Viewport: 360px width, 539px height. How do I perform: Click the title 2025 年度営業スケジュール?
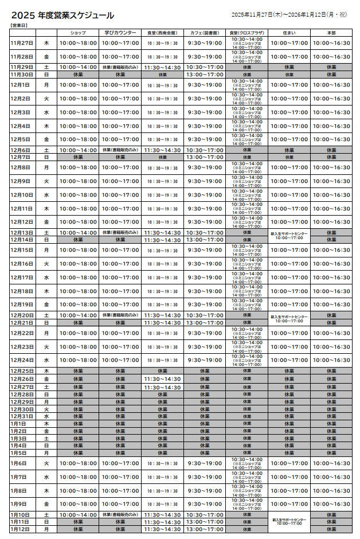coord(62,16)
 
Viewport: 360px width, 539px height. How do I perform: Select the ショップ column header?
coord(78,33)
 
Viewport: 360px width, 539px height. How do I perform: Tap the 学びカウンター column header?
coord(120,33)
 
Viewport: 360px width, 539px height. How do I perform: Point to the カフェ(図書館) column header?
coord(205,33)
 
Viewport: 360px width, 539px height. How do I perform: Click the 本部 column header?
coord(331,33)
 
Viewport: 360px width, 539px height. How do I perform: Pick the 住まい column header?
coord(289,33)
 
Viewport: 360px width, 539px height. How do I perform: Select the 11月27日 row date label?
coord(22,43)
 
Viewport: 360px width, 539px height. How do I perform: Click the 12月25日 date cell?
coord(22,371)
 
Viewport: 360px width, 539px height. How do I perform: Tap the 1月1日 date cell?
coord(19,424)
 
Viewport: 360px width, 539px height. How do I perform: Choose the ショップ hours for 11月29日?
coord(78,67)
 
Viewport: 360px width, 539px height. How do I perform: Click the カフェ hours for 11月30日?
coord(205,75)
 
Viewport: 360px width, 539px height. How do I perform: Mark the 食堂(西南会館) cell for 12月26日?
coord(162,379)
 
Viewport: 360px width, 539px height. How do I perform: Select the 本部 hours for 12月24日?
coord(331,360)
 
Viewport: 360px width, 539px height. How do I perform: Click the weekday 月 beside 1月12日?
coord(46,529)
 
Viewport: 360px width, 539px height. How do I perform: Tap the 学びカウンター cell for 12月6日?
coord(120,150)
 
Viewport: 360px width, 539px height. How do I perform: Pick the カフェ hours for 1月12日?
coord(205,529)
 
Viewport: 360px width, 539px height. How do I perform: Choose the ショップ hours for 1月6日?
coord(78,463)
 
